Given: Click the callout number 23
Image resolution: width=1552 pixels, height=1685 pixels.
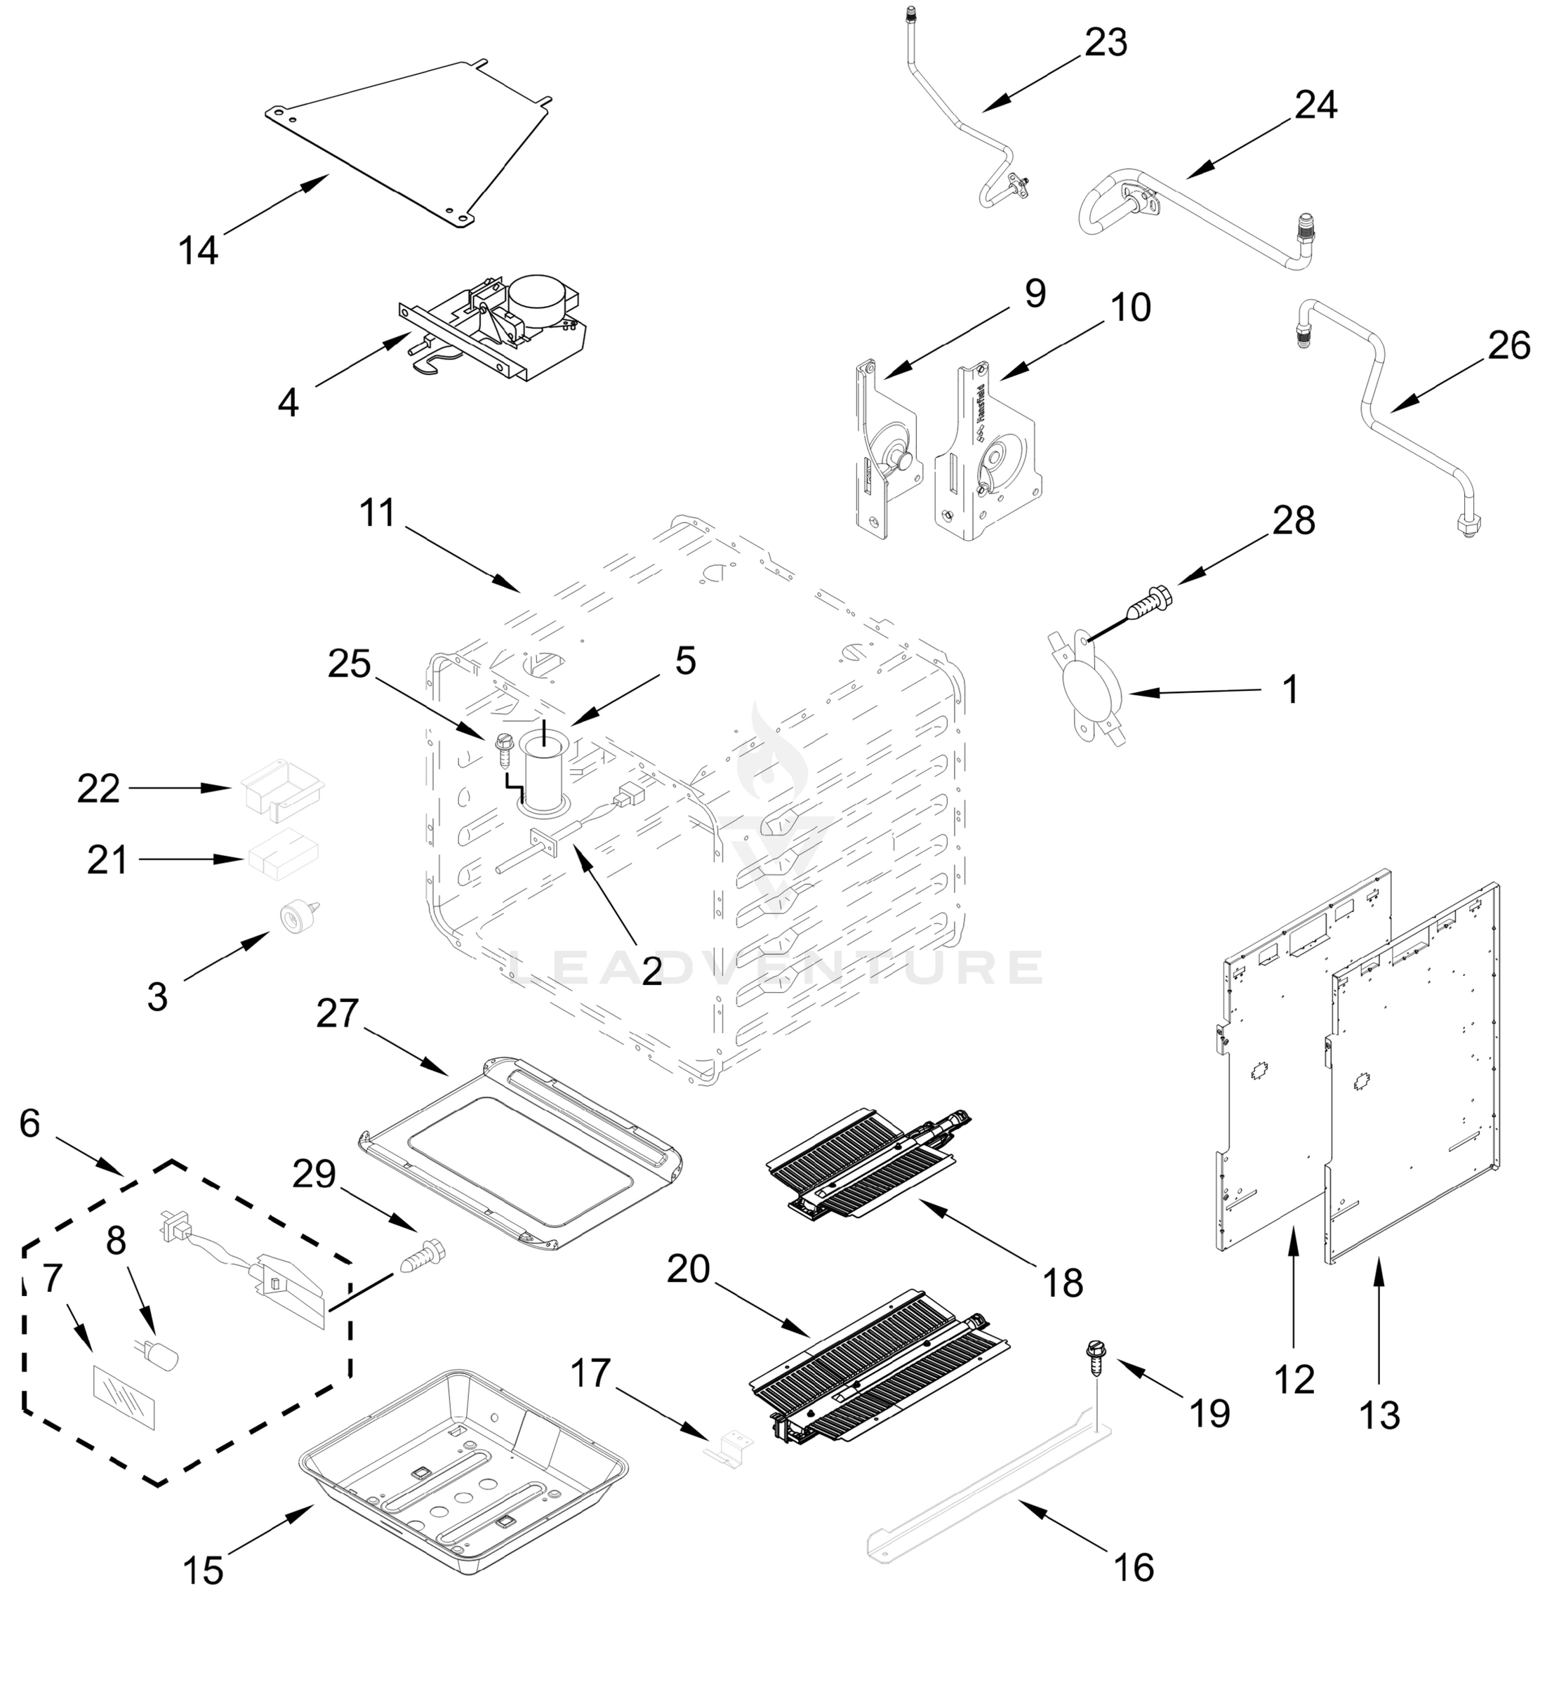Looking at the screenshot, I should [1105, 43].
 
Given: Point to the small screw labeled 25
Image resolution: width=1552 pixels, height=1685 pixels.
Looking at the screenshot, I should [503, 746].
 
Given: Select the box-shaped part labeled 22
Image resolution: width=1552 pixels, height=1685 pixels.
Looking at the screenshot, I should [281, 787].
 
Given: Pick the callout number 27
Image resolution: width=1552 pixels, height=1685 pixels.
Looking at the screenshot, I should [338, 1013].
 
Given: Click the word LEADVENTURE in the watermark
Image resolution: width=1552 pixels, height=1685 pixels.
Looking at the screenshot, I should [777, 967].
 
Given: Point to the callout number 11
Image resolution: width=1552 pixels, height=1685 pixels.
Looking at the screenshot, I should [377, 513].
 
